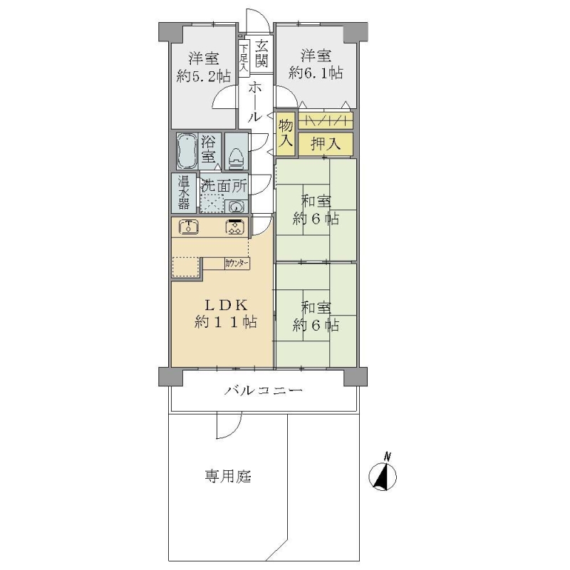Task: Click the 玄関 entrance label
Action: click(x=261, y=54)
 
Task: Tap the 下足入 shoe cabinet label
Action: click(x=244, y=57)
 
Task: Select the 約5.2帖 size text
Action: click(x=204, y=77)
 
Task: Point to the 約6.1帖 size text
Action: click(x=316, y=73)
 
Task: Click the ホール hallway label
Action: click(x=255, y=102)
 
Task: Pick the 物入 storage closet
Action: click(x=286, y=134)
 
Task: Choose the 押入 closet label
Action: click(x=326, y=145)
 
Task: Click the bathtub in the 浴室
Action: click(x=187, y=151)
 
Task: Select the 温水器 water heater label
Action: click(x=184, y=193)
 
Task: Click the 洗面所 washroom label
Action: click(x=224, y=187)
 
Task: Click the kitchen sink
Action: click(x=189, y=227)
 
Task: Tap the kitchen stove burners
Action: click(x=235, y=227)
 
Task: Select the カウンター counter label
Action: click(x=237, y=264)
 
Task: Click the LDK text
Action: click(x=226, y=305)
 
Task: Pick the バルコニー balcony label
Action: click(x=263, y=391)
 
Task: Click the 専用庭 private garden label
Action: click(x=228, y=476)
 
